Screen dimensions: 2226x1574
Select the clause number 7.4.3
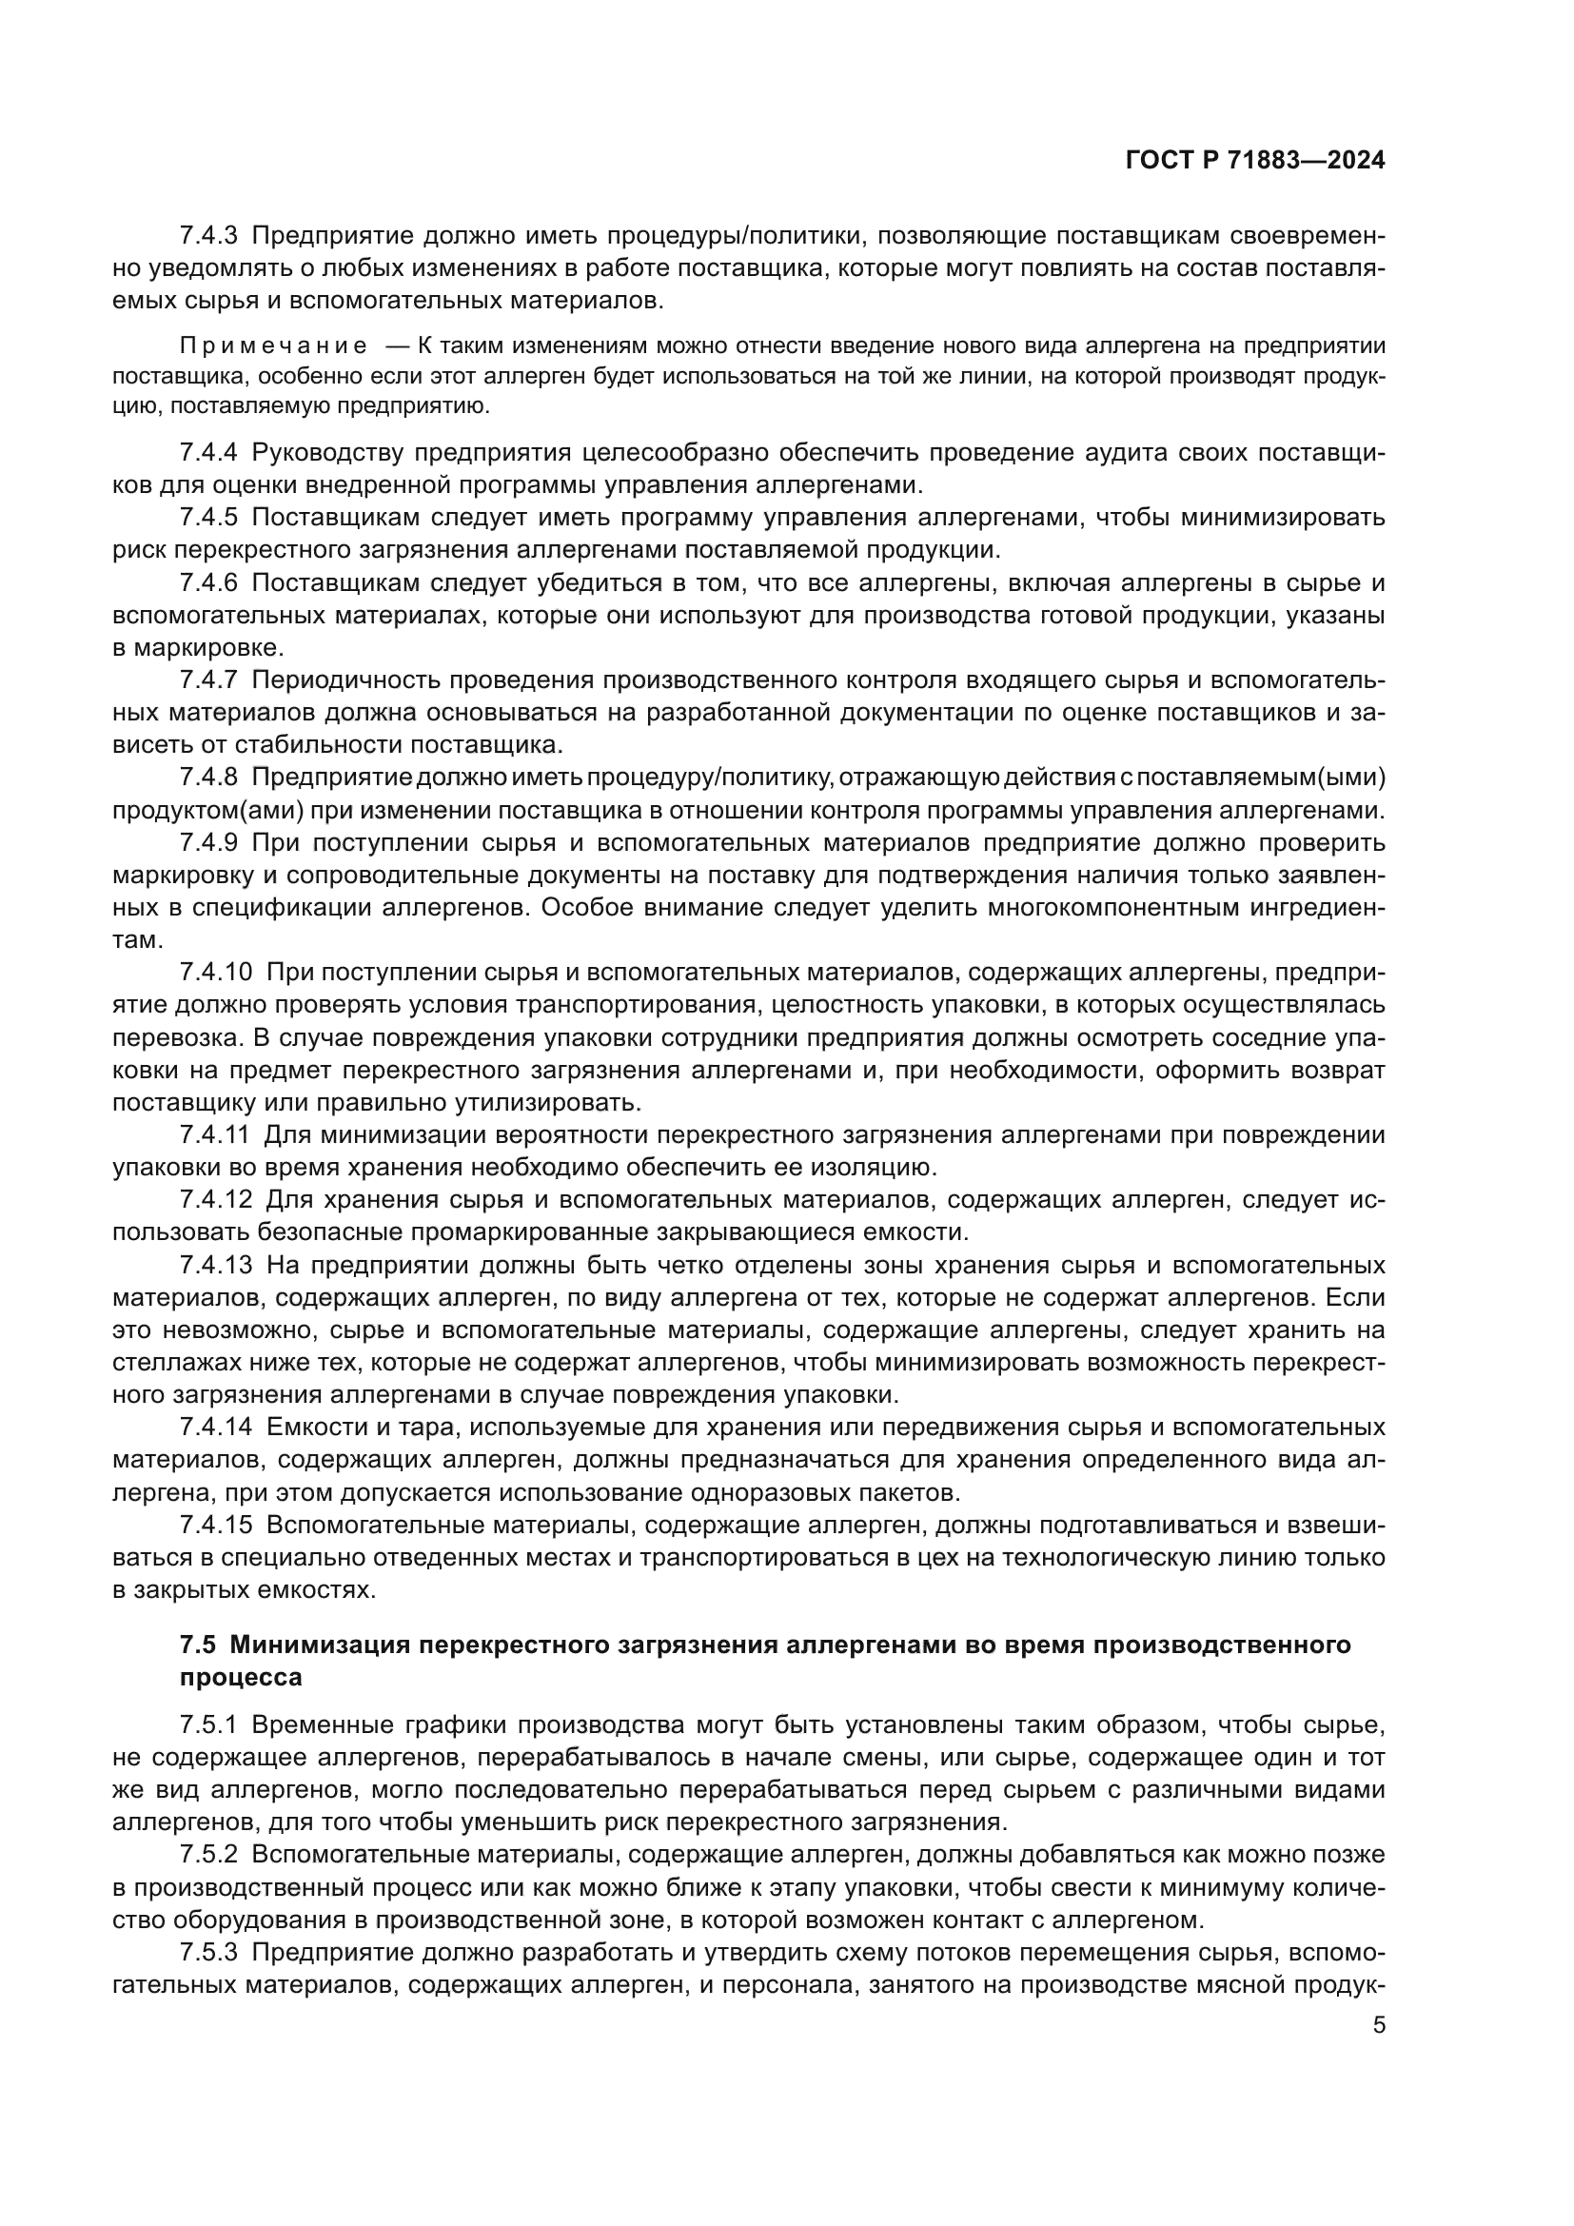[x=208, y=236]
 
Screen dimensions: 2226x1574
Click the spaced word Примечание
[x=273, y=346]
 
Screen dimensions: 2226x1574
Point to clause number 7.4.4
[x=208, y=453]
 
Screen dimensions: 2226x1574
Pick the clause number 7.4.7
[x=208, y=680]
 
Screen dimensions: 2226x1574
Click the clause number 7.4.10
[x=215, y=973]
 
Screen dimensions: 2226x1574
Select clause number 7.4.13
[x=215, y=1265]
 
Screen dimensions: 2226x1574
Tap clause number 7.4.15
[x=215, y=1525]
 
